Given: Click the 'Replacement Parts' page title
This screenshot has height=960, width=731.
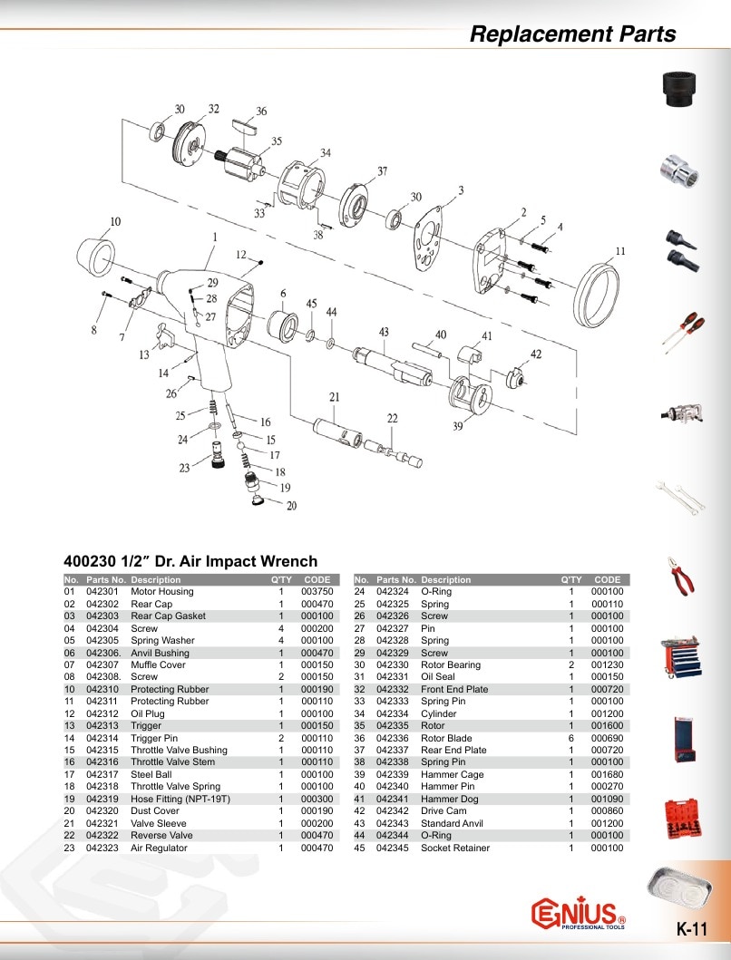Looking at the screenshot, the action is click(x=573, y=34).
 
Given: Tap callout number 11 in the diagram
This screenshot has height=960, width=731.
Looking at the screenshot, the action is click(x=620, y=251).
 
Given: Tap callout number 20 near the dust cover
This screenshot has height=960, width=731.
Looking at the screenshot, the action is click(x=292, y=506).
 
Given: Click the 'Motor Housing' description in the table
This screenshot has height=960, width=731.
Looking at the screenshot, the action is click(x=161, y=591).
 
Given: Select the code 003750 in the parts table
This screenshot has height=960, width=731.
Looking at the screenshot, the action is click(x=317, y=591).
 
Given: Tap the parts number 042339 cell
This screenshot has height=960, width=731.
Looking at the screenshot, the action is click(x=392, y=774).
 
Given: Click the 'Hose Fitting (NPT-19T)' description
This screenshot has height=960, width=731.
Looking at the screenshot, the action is click(x=180, y=799).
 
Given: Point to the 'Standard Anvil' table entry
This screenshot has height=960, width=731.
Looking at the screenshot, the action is click(x=452, y=823).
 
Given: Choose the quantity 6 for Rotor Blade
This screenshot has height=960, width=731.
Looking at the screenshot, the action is click(x=571, y=739).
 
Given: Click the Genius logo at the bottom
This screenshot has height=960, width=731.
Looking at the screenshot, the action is click(x=578, y=914).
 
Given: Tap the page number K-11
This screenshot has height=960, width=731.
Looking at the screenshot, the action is click(x=692, y=929).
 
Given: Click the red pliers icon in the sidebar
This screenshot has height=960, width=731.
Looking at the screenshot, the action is click(x=682, y=577).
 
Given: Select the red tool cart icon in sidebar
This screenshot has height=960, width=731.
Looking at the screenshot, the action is click(x=681, y=657).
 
